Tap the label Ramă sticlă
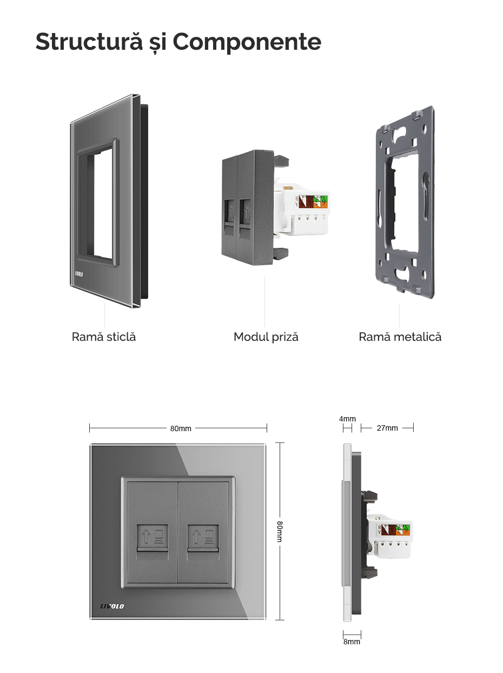coord(104,336)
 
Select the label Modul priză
coord(266,336)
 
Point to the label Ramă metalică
coord(400,336)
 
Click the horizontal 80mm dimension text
coord(181,428)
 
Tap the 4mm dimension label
coord(347,419)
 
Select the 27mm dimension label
coord(387,428)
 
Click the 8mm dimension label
coord(352,642)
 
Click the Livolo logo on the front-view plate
coord(112,605)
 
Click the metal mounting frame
coord(405,203)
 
